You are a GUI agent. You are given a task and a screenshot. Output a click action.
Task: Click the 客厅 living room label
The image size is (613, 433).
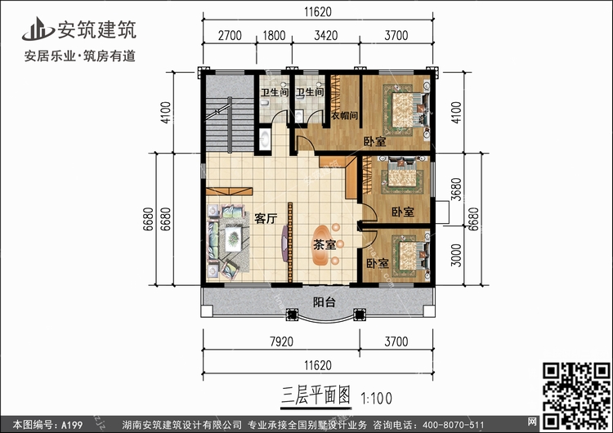(x=265, y=218)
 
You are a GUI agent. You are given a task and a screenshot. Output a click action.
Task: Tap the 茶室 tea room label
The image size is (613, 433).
(x=324, y=243)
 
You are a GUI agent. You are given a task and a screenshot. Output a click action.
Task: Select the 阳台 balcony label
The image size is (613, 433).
(x=323, y=301)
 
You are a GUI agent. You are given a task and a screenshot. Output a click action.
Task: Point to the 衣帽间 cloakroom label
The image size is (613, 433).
(x=344, y=115)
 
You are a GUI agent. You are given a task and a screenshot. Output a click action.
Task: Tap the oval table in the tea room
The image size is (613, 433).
(x=325, y=243)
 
